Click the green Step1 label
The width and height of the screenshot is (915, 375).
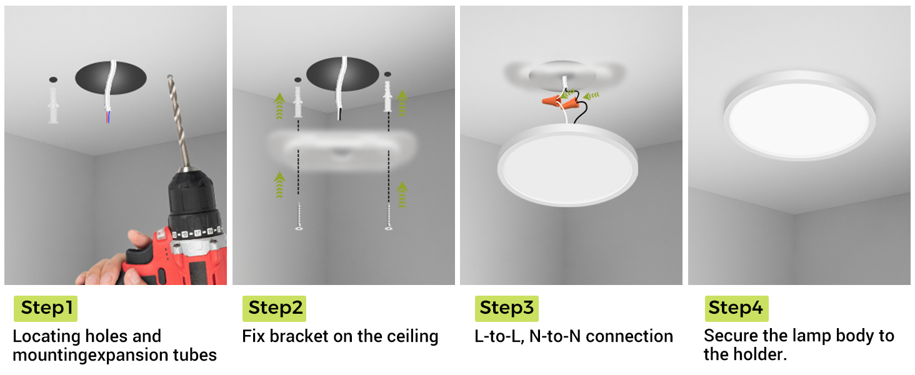coord(46,308)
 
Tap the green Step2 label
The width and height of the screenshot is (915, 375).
coord(274,308)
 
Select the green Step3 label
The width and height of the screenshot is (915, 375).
coord(506,308)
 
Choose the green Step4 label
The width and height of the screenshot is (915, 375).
coord(736,308)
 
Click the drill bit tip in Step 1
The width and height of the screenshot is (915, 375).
coord(169,76)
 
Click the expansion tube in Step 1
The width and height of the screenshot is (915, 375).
coord(53,105)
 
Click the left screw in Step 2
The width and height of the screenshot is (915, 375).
coord(299,216)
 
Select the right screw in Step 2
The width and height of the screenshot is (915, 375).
coord(389,216)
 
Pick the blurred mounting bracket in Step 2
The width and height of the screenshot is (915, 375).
coord(342,151)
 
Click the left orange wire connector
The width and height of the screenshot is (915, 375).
coord(551,100)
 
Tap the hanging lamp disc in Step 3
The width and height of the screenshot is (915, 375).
coord(567,166)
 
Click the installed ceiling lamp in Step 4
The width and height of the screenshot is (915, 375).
coord(799,116)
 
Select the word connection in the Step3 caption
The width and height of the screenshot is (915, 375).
coord(629,336)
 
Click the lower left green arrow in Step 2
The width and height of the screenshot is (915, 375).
coord(279,185)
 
